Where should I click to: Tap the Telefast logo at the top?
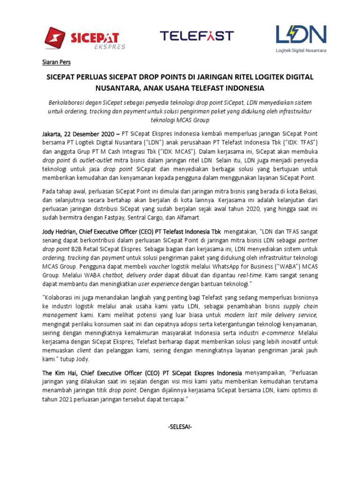click(x=196, y=36)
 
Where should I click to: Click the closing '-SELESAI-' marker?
click(x=180, y=427)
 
